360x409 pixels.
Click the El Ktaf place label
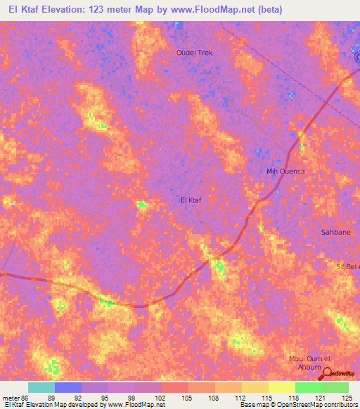[x=191, y=200]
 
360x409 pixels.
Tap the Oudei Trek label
[x=193, y=53]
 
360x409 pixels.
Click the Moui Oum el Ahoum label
[x=309, y=362]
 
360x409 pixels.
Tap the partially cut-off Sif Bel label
[x=347, y=267]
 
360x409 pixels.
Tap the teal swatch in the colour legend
[x=41, y=387]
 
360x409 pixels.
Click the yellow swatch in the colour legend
[x=281, y=387]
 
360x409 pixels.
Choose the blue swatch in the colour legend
[x=68, y=387]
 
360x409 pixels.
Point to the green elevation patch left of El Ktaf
[x=141, y=204]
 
